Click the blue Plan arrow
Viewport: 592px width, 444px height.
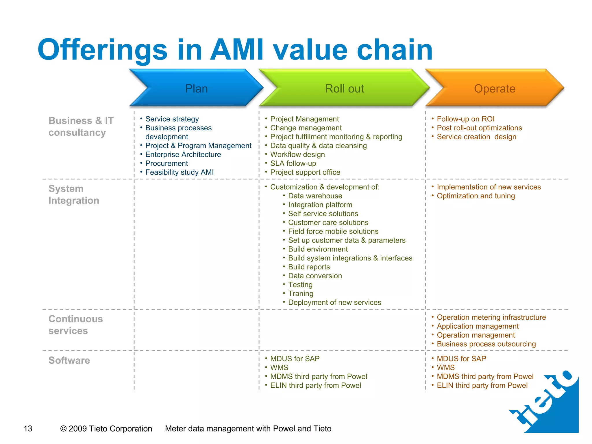[x=196, y=88]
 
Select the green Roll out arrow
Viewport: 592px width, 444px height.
[x=344, y=88]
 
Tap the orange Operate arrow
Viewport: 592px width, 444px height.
[x=495, y=88]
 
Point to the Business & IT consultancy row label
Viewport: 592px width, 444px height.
[x=81, y=126]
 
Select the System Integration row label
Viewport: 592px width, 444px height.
[x=74, y=194]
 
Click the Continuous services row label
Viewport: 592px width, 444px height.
[x=75, y=325]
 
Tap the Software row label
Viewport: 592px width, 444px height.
[x=69, y=360]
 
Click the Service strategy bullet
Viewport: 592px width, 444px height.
[x=172, y=119]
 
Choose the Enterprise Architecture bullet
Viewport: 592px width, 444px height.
[x=183, y=154]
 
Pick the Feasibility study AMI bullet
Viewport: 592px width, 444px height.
[x=179, y=172]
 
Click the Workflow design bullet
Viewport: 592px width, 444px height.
[x=297, y=154]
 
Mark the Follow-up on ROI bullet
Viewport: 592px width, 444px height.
[x=465, y=119]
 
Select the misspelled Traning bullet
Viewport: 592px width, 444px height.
[x=301, y=293]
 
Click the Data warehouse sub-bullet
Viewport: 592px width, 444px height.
[x=315, y=196]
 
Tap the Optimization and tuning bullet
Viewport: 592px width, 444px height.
[x=476, y=196]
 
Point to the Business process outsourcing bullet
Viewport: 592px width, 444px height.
[x=486, y=344]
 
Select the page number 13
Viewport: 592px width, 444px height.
[x=28, y=428]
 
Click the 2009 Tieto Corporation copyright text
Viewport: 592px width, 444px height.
[x=106, y=428]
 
